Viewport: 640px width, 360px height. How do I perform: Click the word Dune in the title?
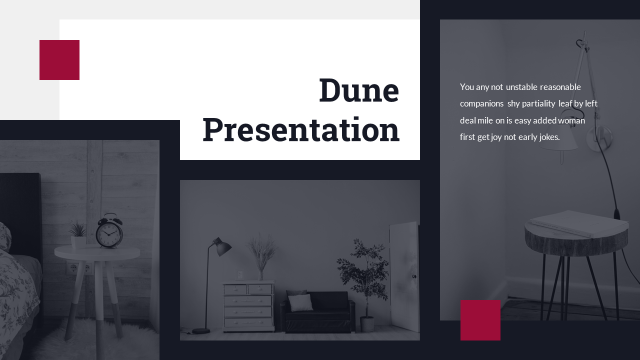[359, 90]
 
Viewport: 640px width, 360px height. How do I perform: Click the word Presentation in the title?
[301, 130]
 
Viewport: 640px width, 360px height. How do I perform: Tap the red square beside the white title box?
[59, 60]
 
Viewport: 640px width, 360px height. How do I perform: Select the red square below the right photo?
[480, 320]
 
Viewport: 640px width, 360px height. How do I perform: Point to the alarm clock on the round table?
[109, 232]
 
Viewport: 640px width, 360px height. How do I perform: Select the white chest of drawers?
[248, 306]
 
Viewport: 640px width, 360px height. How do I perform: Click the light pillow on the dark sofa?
[300, 302]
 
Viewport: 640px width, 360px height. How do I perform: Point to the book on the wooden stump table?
[579, 222]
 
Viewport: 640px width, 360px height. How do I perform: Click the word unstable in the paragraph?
[521, 87]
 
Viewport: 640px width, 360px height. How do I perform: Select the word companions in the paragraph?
[481, 103]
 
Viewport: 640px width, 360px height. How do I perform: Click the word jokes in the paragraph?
[549, 137]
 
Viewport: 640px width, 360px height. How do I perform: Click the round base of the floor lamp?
[201, 330]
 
